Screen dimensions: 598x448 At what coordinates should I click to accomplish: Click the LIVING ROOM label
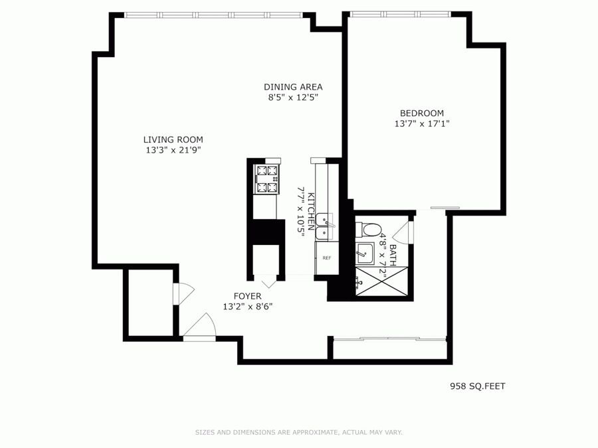point(173,139)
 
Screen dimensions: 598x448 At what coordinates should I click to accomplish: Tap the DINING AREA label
point(293,87)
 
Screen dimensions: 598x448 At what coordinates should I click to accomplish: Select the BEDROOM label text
point(422,113)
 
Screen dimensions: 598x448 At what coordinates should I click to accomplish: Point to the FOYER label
point(248,296)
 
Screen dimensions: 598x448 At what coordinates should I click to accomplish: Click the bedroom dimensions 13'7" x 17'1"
point(422,124)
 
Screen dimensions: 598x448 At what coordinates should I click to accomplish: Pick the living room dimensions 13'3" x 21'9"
point(173,150)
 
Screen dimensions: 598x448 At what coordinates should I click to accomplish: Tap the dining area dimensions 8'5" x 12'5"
point(293,98)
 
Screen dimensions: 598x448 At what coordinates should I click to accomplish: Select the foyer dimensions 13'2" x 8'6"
point(248,307)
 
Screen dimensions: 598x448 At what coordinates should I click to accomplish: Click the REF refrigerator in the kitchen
point(327,258)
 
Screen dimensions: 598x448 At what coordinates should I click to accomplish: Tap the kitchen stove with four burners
point(266,179)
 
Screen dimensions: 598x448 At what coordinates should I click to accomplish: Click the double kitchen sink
point(324,226)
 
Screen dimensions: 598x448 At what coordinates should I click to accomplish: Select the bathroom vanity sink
point(364,254)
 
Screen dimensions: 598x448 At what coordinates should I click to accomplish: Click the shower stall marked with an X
point(382,281)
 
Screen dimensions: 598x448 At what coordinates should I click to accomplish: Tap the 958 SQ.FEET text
point(478,386)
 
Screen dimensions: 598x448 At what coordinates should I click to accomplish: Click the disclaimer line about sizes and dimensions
point(299,432)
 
